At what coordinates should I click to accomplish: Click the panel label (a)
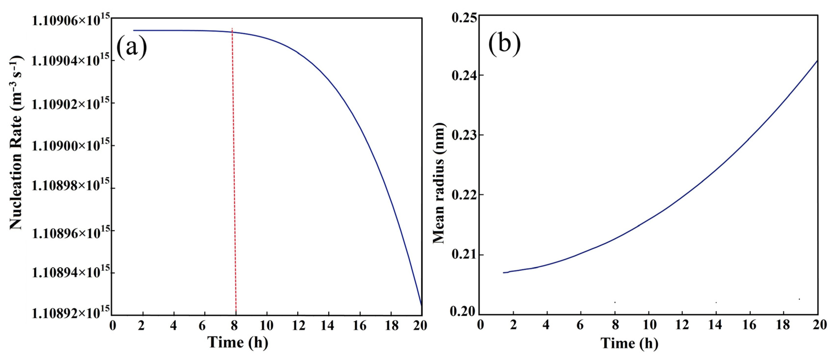[x=132, y=48]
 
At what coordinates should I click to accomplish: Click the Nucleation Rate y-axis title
[x=16, y=143]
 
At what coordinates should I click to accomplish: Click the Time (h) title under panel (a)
[x=238, y=342]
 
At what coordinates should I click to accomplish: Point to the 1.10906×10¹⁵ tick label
[x=70, y=20]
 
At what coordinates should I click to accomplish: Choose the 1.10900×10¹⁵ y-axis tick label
[x=70, y=146]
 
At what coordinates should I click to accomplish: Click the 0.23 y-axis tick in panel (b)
[x=462, y=135]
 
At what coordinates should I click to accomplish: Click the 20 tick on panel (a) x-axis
[x=420, y=326]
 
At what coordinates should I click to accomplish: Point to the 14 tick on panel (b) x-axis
[x=715, y=325]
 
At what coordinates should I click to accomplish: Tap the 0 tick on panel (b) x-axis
[x=480, y=325]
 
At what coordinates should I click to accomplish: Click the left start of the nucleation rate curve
[x=134, y=30]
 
